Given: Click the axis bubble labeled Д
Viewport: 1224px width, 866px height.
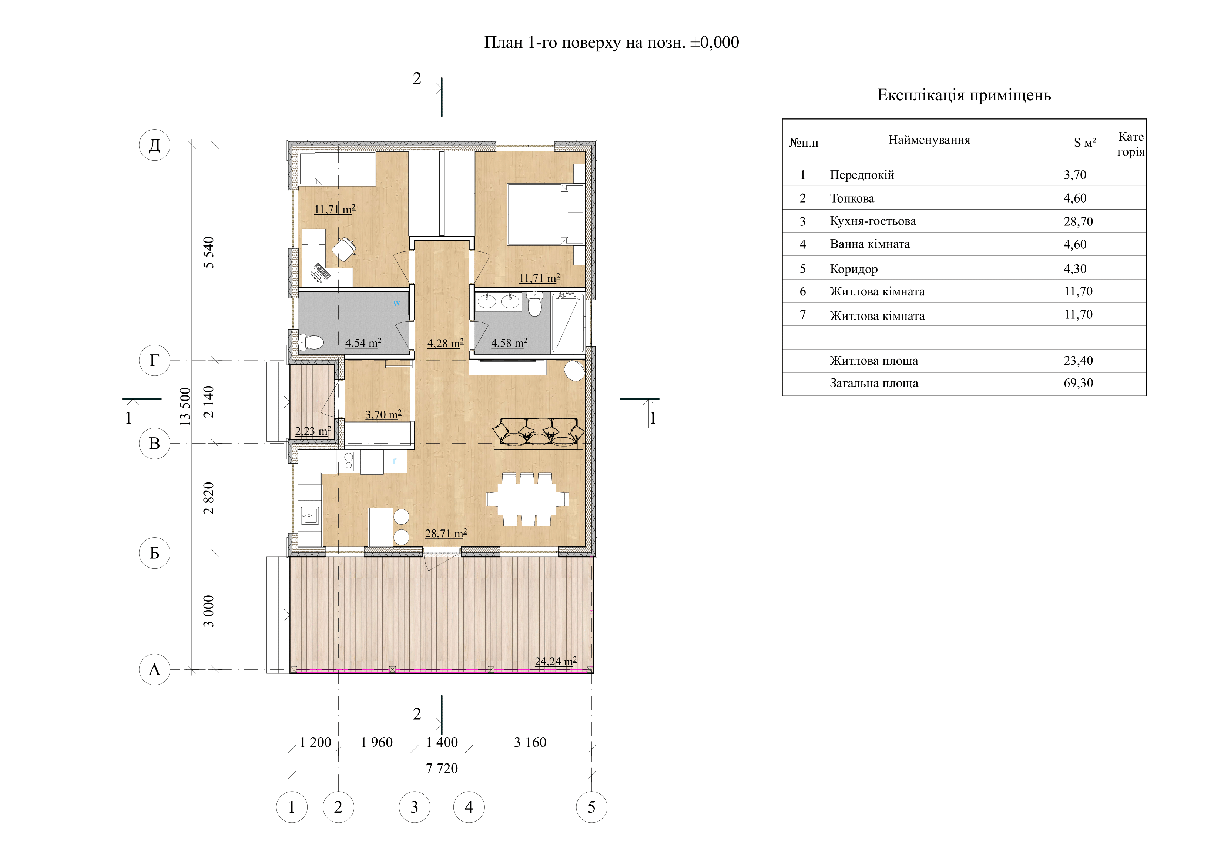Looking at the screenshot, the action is coord(155,145).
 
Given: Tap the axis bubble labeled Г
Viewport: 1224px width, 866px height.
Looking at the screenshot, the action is coord(155,361).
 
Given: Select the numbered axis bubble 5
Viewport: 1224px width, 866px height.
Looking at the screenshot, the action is coord(591,807).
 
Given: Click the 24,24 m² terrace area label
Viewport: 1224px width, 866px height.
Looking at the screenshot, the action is coord(556,661).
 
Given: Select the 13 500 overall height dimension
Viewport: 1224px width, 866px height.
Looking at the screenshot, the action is coord(185,406).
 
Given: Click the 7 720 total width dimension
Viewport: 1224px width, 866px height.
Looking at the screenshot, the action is coord(442,768).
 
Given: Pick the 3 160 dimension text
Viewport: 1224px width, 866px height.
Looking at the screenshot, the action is coord(530,742).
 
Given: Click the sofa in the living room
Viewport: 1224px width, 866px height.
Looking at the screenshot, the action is coord(539,434).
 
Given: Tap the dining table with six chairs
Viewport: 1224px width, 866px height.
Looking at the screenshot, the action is coord(527,499).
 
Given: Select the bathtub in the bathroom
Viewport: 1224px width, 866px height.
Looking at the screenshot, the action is coord(568,322).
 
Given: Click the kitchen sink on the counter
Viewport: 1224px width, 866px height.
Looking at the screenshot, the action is coord(310,516).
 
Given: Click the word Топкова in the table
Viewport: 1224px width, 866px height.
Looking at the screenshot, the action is coord(852,198).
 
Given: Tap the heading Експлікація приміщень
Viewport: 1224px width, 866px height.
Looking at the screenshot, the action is coord(964,95).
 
